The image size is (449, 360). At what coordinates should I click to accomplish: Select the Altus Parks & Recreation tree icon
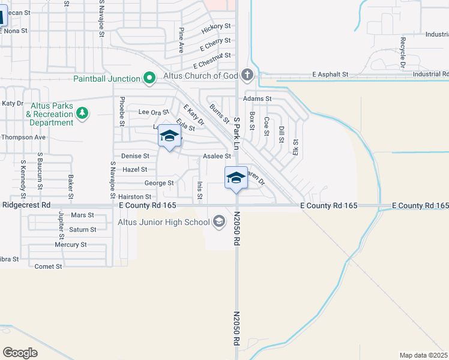(83, 113)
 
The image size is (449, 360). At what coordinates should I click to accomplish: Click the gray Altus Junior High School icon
(218, 222)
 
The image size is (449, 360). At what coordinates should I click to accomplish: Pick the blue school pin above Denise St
(169, 137)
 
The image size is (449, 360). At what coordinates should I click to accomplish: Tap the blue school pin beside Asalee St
(237, 178)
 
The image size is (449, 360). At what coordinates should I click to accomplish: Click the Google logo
(20, 352)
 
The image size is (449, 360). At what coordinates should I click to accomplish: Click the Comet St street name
(49, 266)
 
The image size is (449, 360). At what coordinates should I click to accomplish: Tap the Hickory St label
(216, 27)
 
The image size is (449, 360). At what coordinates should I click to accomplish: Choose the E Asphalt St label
(330, 74)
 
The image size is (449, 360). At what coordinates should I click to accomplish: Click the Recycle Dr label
(403, 52)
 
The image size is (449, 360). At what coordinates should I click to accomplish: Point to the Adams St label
(257, 98)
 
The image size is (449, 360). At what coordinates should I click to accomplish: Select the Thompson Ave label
(23, 137)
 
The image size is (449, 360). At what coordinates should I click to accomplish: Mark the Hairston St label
(135, 197)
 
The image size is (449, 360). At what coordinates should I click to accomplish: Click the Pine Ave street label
(181, 40)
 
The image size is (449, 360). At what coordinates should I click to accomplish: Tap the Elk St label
(295, 147)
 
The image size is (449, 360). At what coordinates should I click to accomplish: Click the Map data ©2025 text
(424, 355)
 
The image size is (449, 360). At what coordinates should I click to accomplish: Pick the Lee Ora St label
(154, 112)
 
